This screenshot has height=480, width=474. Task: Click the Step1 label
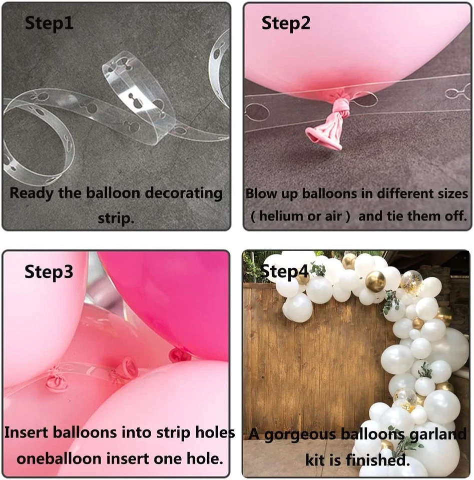(x=49, y=23)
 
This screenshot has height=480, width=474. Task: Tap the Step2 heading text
(x=286, y=23)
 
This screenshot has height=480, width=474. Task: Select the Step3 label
(x=49, y=272)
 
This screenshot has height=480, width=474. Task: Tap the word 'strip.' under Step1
(x=116, y=218)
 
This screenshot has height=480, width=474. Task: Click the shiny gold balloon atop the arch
(x=375, y=282)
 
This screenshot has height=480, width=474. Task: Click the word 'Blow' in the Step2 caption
(x=260, y=193)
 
